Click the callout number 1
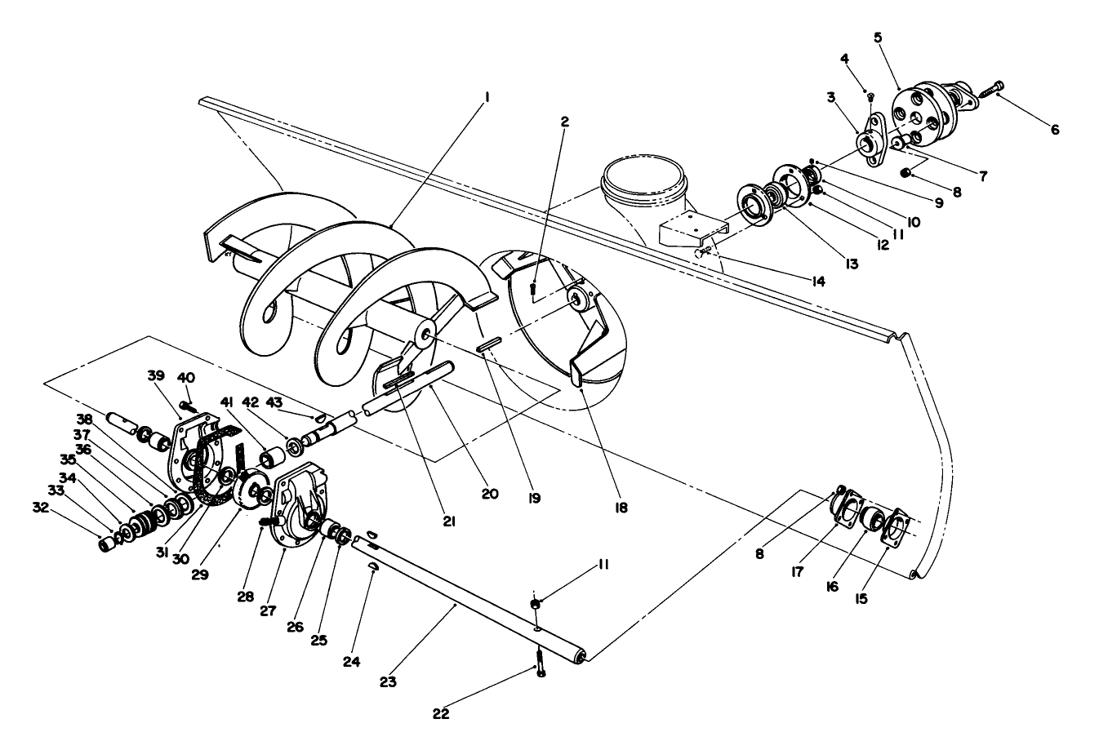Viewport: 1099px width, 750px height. coord(487,96)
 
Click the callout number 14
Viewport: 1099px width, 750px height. coord(817,282)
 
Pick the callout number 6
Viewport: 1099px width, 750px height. coord(1055,130)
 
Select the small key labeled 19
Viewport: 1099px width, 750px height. coord(487,346)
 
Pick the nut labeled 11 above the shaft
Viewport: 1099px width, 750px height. coord(536,603)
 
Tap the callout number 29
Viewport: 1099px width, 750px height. coord(200,575)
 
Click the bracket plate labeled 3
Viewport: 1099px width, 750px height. coord(874,139)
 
